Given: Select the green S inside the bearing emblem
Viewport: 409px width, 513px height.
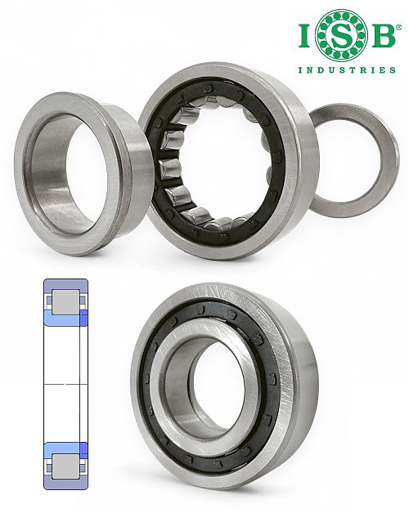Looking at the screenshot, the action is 341,35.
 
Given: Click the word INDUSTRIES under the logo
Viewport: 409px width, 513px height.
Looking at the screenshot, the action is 347,69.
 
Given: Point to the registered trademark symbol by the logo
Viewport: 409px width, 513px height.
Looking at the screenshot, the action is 398,28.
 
